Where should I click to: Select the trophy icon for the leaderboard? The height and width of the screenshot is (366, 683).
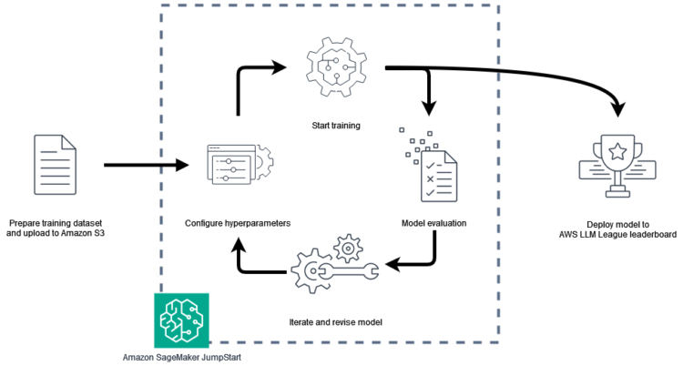pos(617,165)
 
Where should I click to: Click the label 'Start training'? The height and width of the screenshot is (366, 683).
pos(330,125)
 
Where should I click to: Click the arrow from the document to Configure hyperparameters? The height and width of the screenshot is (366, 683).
pos(146,166)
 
